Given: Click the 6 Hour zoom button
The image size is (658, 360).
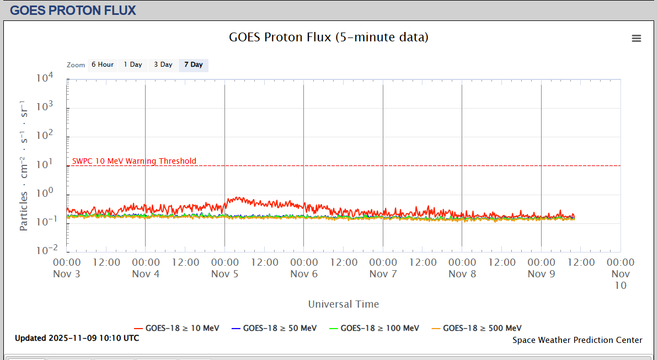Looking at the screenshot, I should [x=103, y=65].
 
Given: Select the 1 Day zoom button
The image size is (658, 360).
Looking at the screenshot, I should [x=132, y=65].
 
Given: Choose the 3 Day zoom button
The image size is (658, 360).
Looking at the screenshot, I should [x=163, y=65].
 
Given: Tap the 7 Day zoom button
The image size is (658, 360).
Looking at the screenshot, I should [x=193, y=65].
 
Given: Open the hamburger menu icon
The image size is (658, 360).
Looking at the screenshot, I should [x=636, y=38].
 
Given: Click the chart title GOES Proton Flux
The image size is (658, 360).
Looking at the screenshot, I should [x=329, y=37].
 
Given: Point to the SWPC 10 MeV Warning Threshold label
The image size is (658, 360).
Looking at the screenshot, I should [x=134, y=161].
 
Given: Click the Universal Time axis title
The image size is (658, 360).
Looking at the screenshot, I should [x=344, y=304].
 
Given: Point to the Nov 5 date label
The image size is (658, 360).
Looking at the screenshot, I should [x=224, y=274].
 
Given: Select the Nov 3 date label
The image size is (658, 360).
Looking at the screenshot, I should [x=67, y=274].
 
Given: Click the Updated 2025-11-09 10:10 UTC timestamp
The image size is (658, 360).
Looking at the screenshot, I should [x=77, y=338].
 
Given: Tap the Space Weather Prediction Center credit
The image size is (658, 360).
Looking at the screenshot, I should [x=577, y=340].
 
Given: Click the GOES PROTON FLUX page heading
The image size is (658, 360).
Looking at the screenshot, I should [x=73, y=10].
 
